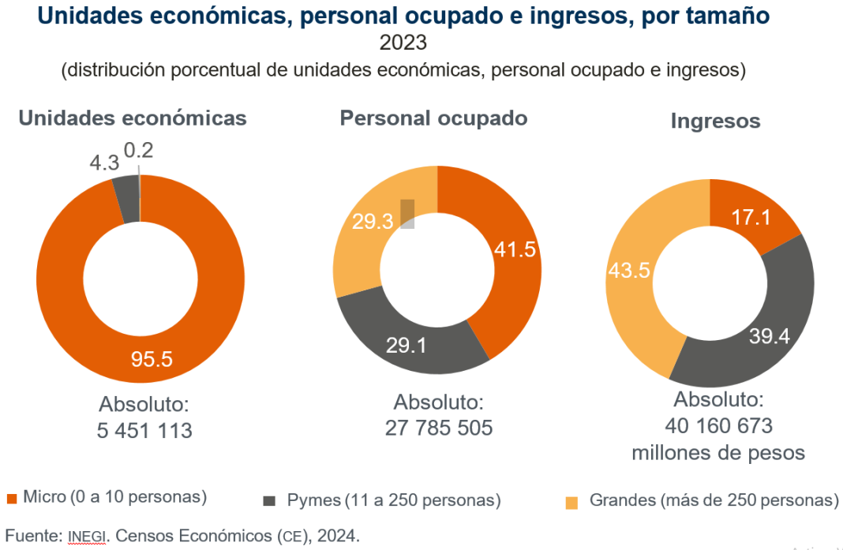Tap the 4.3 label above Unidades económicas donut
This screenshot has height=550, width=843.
[x=103, y=163]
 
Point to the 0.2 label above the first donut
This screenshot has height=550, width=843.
[x=140, y=149]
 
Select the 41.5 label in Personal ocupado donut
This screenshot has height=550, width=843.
[x=515, y=249]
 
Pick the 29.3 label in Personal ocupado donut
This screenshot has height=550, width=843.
[x=373, y=222]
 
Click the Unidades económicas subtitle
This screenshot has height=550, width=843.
[x=133, y=118]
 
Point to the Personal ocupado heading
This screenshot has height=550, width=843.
[x=433, y=118]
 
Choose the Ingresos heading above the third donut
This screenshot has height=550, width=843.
[x=715, y=121]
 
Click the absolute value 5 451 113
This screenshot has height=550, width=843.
[x=144, y=431]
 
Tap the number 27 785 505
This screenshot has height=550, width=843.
[x=439, y=428]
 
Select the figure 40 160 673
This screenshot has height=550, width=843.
[x=717, y=426]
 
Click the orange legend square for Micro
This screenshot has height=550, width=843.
[x=12, y=499]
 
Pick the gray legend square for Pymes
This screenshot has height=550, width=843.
[x=270, y=501]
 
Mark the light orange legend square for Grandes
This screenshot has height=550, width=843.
[x=572, y=502]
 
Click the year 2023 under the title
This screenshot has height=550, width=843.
[x=403, y=42]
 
